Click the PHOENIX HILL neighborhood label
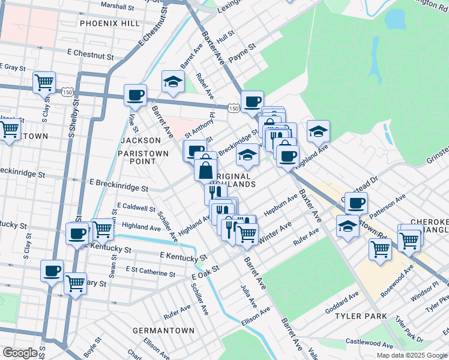click(109, 23)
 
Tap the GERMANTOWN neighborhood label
click(163, 331)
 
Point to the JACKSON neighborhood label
click(141, 140)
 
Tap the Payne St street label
click(242, 46)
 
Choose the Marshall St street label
click(117, 6)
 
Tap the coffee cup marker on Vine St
click(135, 95)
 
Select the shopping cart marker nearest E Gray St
click(44, 82)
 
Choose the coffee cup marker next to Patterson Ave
click(356, 203)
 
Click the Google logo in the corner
click(20, 352)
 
